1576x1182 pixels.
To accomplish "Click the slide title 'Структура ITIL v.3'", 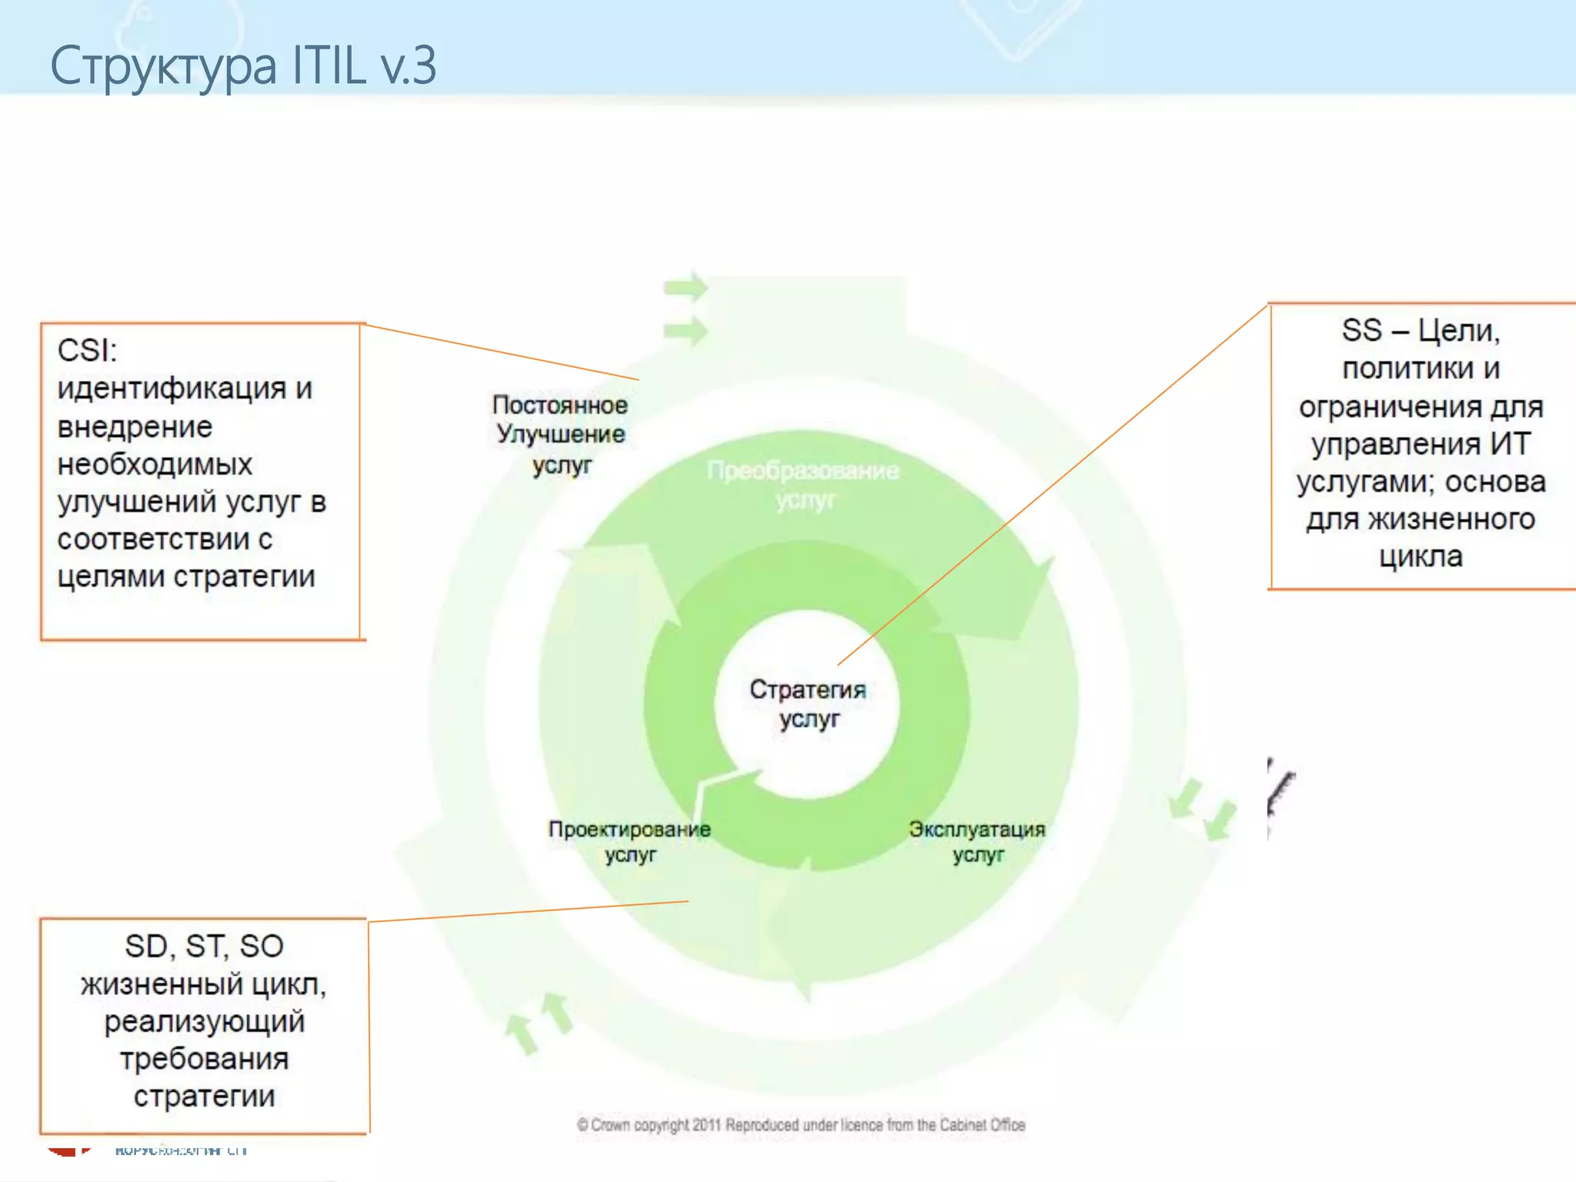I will pos(243,65).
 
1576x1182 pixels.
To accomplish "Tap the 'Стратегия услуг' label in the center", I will pos(808,703).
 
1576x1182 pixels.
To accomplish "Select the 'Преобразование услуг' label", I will pos(803,485).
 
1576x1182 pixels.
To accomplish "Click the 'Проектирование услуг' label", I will pos(629,841).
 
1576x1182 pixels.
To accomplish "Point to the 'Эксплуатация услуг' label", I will pos(977,841).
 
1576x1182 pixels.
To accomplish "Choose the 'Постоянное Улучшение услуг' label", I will pos(560,434).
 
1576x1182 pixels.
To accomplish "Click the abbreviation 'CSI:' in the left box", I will pos(87,351).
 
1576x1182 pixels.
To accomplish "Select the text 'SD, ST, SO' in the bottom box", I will pos(205,947).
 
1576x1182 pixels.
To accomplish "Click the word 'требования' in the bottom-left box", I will pos(205,1059).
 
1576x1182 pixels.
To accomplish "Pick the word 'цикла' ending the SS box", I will pos(1421,556).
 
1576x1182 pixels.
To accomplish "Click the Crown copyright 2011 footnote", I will pos(800,1125).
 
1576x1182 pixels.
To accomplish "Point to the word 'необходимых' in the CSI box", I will pos(155,464).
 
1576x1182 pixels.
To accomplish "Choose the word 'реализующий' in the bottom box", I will pos(205,1021).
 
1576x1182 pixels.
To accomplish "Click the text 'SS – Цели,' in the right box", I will pos(1421,331).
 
